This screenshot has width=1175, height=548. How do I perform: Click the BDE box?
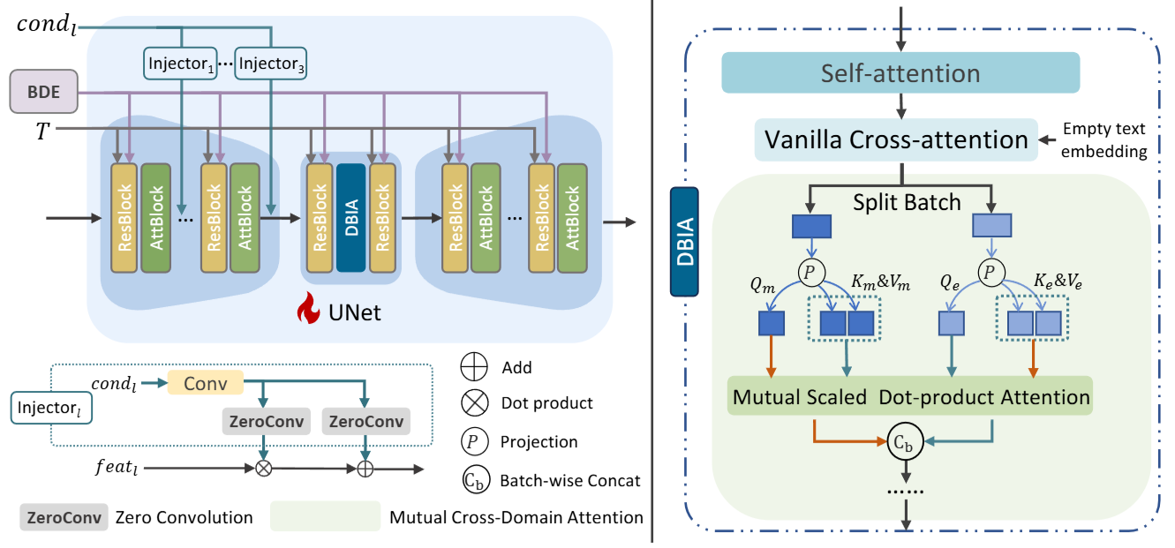coord(43,92)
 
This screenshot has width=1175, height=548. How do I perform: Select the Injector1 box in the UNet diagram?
coord(180,64)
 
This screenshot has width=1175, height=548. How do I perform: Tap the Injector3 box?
coord(271,64)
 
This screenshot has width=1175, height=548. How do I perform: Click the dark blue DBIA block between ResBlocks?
coord(351,218)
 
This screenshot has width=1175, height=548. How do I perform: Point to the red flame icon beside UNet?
coord(308,308)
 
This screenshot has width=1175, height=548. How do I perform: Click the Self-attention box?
coord(900,73)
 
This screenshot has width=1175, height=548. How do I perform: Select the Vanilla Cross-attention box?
coord(896,139)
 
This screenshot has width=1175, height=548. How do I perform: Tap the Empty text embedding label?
coord(1103,140)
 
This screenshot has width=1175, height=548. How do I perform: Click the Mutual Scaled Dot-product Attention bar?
coord(910,396)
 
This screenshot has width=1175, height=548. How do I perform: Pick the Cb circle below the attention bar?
coord(905,441)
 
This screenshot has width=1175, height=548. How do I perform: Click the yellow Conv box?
coord(205,383)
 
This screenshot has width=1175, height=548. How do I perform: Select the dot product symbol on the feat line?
coord(263,469)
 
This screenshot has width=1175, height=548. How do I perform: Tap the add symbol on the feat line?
coord(365,469)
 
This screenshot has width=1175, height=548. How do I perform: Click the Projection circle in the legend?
coord(474,441)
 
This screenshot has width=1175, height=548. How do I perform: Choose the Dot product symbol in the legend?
coord(474,402)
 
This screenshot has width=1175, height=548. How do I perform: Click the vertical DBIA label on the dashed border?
coord(684,242)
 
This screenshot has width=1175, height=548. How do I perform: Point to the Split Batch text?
coord(907,202)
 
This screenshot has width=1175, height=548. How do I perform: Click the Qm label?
coord(762,285)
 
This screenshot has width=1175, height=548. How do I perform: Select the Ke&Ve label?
coord(1058,282)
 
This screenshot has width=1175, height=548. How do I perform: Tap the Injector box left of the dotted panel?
coord(51,408)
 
